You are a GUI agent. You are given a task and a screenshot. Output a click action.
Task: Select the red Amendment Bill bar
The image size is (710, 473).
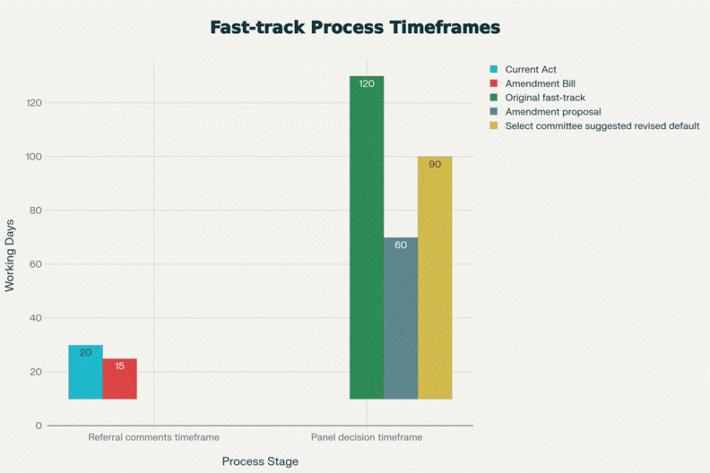tap(119, 379)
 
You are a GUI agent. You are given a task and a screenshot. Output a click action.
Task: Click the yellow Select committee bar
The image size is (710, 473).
tap(435, 278)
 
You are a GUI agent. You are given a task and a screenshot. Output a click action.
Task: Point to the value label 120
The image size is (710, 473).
tap(367, 83)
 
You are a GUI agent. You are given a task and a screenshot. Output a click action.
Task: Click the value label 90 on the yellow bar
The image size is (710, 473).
tap(435, 164)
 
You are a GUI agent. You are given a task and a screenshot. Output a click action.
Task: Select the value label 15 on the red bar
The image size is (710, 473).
tap(119, 365)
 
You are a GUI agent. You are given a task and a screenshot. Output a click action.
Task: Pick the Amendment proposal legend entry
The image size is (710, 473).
tap(552, 112)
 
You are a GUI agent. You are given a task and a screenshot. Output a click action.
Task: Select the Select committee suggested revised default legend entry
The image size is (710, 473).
tap(602, 126)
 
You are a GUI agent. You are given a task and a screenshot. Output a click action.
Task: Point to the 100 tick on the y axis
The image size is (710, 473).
tap(33, 157)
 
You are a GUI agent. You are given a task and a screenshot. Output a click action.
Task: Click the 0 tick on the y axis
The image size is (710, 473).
tap(39, 426)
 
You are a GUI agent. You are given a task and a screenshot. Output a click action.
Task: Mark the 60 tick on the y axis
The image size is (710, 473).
tap(36, 264)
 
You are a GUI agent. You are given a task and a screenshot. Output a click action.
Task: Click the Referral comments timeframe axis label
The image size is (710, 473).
tap(153, 438)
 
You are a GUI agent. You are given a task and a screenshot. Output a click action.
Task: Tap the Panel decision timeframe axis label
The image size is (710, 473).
tap(367, 438)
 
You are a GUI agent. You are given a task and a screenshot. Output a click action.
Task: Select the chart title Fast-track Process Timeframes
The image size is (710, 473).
tap(355, 27)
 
